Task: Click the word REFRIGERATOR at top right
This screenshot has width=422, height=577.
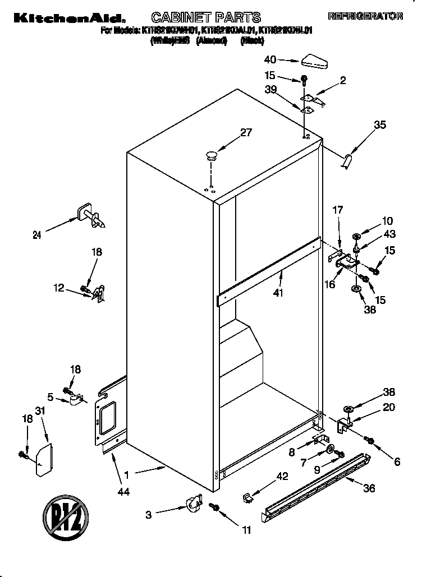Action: pos(365,17)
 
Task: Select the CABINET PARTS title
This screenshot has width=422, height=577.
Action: pos(207,17)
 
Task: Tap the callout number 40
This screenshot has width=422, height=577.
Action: pos(270,59)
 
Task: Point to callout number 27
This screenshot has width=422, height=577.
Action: pos(246,133)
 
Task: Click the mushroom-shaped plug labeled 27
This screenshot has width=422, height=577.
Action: pos(211,155)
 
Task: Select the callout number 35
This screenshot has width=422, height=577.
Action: pos(380,125)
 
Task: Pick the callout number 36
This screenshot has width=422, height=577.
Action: pos(369,488)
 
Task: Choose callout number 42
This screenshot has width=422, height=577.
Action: pos(282,477)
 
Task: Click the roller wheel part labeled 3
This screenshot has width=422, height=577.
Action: pos(194,502)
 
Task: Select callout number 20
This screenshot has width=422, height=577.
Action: pos(388,407)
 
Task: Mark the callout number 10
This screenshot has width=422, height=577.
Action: pos(388,221)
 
